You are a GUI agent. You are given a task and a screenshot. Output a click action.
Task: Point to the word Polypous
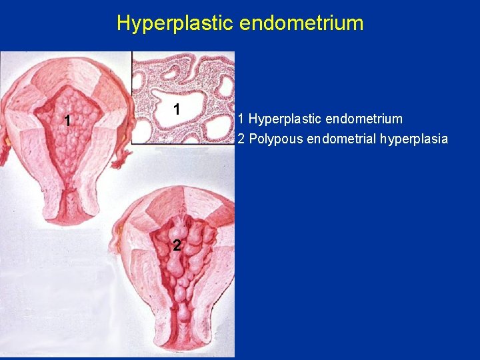271,139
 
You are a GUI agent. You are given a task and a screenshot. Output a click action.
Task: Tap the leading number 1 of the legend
241,119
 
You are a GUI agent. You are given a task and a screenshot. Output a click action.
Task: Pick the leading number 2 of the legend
241,139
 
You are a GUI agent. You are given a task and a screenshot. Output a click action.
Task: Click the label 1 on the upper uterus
67,121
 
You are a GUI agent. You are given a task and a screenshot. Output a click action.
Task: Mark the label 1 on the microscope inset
176,109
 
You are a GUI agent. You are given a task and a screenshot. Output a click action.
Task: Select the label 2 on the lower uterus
176,245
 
